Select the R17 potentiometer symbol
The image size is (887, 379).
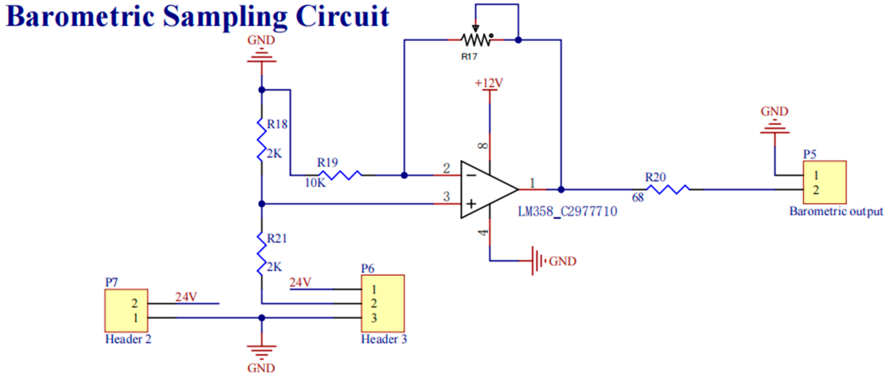coord(476,40)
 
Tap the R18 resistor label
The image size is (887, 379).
coord(277,125)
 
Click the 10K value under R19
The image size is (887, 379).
coord(315,183)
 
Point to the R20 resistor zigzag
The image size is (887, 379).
coord(668,189)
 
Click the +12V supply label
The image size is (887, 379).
coord(489,83)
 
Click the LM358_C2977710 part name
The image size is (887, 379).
coord(567,211)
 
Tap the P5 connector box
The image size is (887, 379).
coord(824,182)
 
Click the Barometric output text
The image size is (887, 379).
coord(836,211)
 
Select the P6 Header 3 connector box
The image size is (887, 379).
coord(382,303)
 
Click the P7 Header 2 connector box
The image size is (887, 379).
coord(126,310)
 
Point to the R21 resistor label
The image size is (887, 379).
coord(277,239)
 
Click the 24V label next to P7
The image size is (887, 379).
coord(186,297)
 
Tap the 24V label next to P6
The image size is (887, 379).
coord(300,282)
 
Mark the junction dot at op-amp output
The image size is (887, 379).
coord(561,189)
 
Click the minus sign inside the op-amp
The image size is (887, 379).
coord(471,176)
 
